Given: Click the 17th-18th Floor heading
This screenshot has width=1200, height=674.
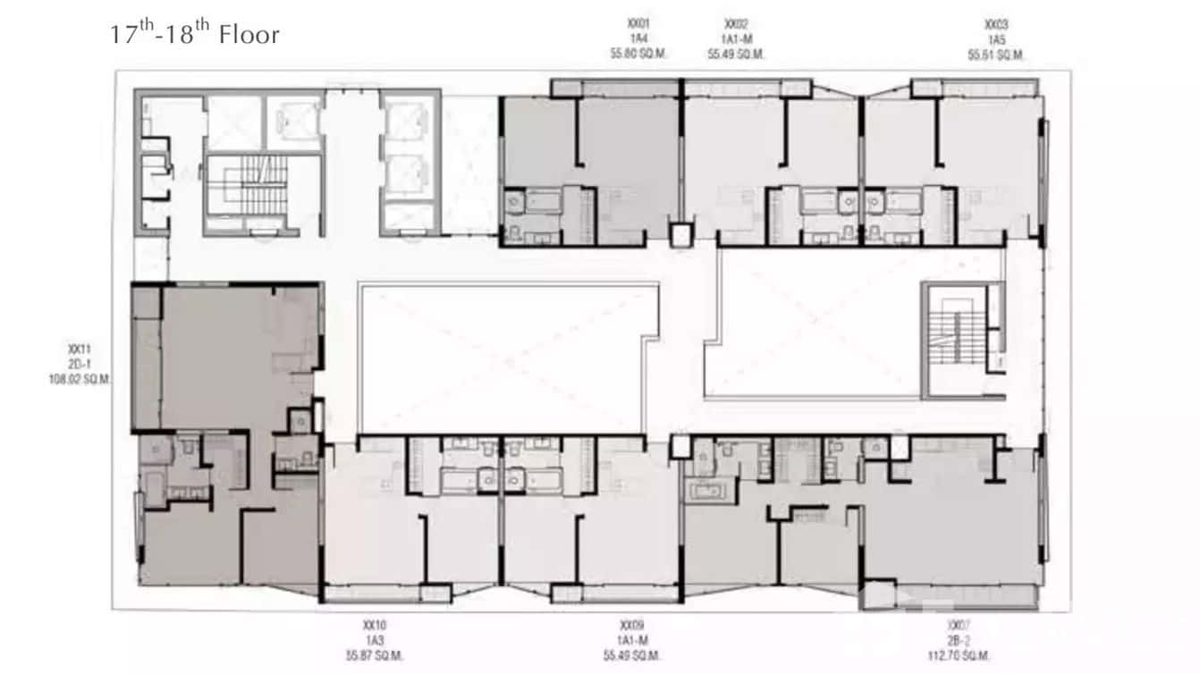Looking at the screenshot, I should pos(194,34).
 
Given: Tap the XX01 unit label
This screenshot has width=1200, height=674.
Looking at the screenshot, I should pos(638,25).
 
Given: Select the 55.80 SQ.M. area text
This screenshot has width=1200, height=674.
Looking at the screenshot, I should pos(638,55).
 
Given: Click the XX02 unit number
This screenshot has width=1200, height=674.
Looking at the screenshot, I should pos(736,25).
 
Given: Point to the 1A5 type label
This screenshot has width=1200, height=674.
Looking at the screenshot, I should pos(995,40).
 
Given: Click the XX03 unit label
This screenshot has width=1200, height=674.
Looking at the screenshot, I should pos(995,25).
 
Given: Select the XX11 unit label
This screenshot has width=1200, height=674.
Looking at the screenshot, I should pos(80,350).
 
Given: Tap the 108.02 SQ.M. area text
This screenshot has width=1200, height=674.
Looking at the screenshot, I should pos(80,379).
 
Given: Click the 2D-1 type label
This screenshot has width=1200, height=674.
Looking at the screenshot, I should pos(80,364).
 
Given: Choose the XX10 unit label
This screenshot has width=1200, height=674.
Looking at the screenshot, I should pos(375,626).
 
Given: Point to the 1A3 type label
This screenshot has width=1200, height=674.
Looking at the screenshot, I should pos(375,641).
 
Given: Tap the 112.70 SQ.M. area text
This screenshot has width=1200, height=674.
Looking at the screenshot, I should pos(959,655).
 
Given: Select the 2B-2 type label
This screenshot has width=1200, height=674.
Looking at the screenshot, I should pos(959,641).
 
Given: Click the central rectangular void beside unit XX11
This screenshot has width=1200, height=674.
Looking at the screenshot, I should pos(501,358).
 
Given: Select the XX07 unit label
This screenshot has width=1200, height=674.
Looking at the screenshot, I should pos(959,626).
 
